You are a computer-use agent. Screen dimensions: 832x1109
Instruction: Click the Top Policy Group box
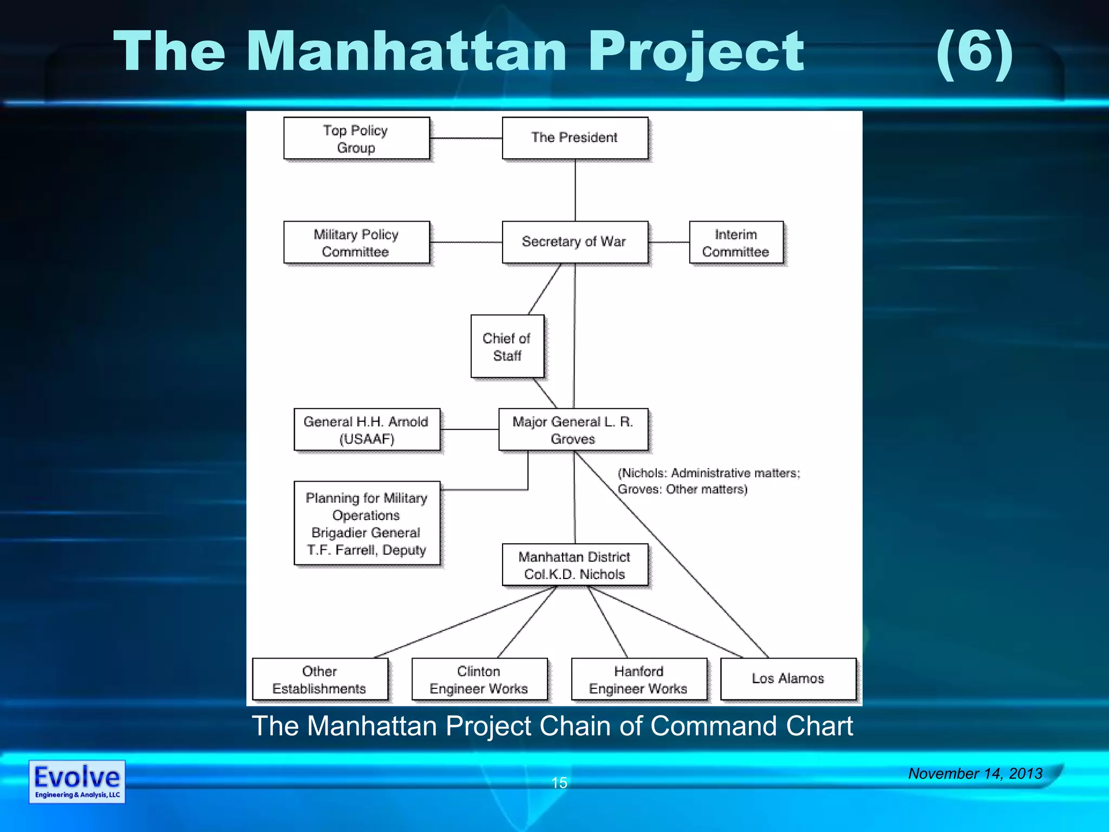356,138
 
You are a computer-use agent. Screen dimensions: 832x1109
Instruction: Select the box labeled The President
575,138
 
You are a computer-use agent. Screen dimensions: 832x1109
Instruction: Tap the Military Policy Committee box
356,242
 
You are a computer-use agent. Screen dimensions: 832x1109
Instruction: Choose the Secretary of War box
575,242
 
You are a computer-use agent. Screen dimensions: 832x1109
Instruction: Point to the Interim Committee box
736,242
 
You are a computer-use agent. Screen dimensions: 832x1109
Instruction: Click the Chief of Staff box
507,346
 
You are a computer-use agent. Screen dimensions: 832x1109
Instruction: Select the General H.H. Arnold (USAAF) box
367,430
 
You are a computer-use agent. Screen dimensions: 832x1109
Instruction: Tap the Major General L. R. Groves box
573,430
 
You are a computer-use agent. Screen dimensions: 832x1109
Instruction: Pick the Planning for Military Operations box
367,523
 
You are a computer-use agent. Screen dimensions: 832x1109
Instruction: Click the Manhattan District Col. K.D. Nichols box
575,565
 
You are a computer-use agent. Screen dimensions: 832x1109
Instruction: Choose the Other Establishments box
319,679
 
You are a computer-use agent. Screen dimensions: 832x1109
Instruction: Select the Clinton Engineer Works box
479,679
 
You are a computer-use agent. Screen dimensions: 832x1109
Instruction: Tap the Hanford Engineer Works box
639,679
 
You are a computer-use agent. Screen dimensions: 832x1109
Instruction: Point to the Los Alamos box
788,679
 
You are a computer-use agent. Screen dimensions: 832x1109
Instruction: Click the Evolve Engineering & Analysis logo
77,782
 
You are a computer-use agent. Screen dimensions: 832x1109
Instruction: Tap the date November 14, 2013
975,773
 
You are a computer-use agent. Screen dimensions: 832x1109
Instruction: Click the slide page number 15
559,783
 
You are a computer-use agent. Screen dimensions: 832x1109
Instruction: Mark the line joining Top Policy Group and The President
466,138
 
